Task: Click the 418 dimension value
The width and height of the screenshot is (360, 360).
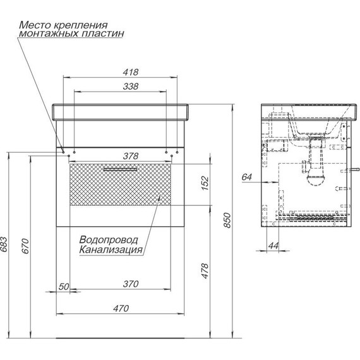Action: click(x=131, y=72)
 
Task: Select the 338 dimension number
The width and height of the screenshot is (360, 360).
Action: click(x=131, y=87)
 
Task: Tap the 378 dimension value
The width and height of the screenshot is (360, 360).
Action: click(x=131, y=156)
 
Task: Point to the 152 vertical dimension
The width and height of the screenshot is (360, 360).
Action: click(x=205, y=183)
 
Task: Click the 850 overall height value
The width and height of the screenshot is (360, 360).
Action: click(x=227, y=220)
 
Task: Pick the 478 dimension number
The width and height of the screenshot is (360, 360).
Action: click(x=205, y=271)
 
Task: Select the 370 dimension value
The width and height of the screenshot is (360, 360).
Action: click(x=131, y=284)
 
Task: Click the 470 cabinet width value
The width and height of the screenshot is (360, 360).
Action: click(x=121, y=308)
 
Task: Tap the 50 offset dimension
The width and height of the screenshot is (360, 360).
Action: click(x=64, y=287)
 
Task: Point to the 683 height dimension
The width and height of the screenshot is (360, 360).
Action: click(x=4, y=244)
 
